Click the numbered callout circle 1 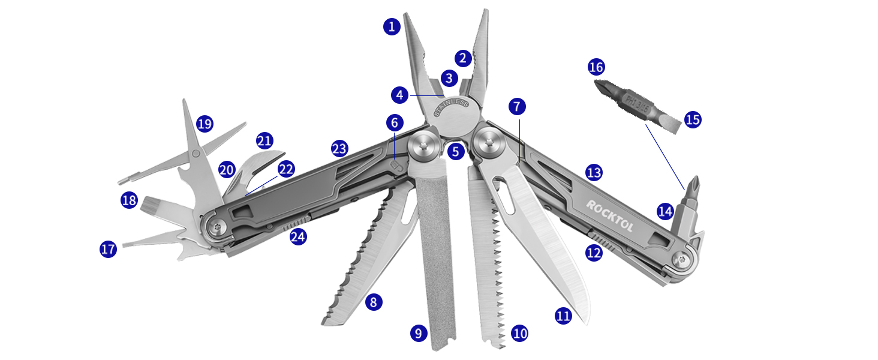(x=392, y=26)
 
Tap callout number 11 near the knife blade (x=563, y=316)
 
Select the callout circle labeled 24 (x=298, y=236)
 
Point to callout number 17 (x=108, y=249)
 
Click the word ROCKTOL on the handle (x=609, y=215)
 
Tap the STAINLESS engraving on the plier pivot (x=451, y=108)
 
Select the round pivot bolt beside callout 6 (x=423, y=147)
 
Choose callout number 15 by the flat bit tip (x=692, y=119)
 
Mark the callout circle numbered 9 (x=419, y=332)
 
